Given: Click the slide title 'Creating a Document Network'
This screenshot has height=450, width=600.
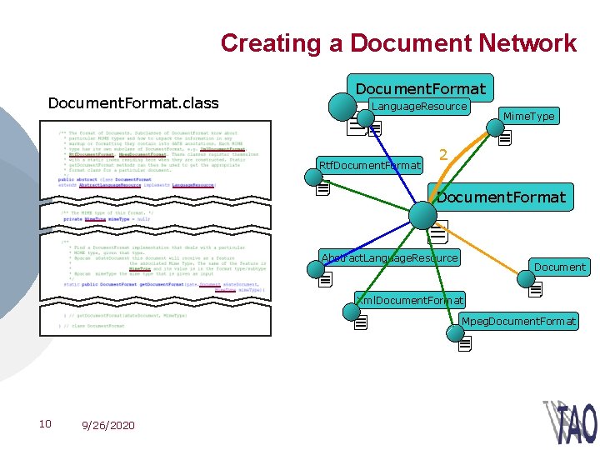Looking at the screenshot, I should tap(398, 43).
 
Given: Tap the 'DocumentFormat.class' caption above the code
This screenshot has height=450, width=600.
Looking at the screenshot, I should tap(133, 103).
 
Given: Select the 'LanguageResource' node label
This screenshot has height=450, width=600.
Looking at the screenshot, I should tap(419, 107).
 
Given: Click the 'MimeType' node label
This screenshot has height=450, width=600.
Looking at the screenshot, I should tap(528, 116).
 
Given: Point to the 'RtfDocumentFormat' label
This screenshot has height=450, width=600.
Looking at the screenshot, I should tap(370, 165).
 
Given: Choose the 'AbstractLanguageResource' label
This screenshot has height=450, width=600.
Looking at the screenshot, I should tap(390, 257).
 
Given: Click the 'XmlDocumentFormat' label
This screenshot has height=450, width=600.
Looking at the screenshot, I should tap(410, 299).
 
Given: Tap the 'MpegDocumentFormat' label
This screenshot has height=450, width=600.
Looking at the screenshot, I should tap(519, 321).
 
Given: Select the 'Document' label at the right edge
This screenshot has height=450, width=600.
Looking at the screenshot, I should tap(559, 267).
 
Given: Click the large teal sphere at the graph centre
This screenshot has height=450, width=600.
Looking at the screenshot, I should tap(423, 215).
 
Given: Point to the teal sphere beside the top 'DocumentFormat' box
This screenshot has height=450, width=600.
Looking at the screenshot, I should tap(342, 106).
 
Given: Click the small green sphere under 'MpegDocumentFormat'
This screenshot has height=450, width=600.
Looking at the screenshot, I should tap(454, 332).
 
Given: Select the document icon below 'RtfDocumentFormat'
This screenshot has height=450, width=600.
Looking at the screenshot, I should tap(323, 188).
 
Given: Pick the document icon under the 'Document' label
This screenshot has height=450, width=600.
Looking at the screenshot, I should tap(535, 289).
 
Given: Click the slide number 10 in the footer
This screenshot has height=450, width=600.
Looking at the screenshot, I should tap(46, 424).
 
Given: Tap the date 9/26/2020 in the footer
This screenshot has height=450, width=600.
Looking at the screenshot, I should tap(108, 425).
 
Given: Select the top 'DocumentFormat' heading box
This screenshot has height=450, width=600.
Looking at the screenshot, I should tap(420, 87).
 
